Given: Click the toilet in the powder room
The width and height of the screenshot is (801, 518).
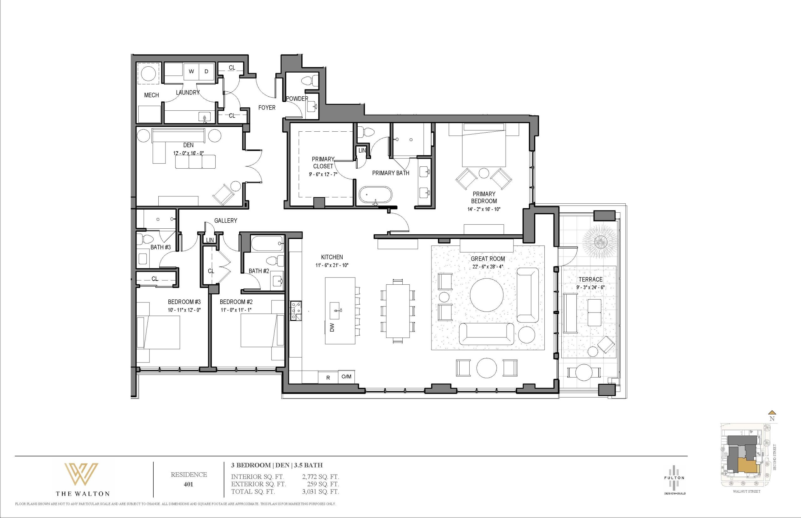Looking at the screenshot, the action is [309, 81].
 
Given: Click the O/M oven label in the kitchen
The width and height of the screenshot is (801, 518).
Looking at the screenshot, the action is [346, 377].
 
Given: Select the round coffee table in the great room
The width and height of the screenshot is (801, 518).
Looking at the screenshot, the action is [487, 295].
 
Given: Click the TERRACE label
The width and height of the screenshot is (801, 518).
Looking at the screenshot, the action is [590, 280].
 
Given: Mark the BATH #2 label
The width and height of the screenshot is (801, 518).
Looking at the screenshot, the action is [259, 271].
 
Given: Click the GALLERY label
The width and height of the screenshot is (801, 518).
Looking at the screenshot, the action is [226, 221].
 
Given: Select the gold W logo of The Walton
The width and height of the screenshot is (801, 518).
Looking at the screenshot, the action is [82, 475].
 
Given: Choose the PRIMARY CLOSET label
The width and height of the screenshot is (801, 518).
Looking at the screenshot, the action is [323, 162].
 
